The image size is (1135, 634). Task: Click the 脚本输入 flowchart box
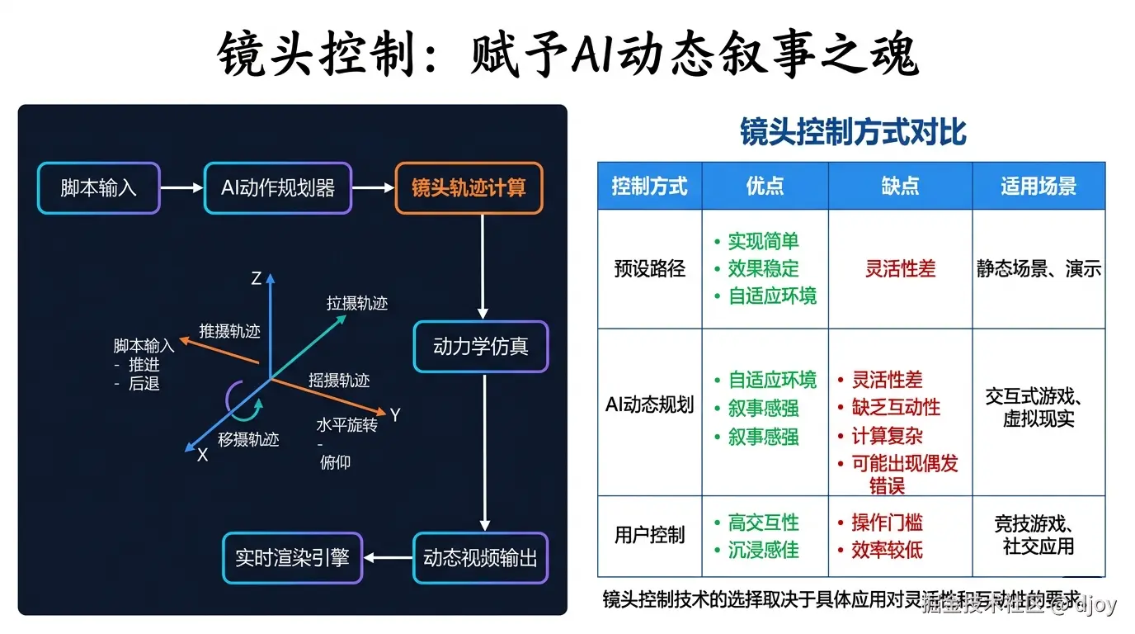98,188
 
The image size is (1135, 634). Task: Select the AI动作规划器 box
278,188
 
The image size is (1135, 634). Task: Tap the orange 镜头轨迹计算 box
469,188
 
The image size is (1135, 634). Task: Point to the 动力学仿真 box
480,347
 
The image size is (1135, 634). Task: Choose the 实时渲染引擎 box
293,558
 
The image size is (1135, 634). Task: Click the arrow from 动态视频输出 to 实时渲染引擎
388,558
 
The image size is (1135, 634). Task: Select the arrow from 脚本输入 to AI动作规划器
181,188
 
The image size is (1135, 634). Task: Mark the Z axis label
257,279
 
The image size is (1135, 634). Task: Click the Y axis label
395,415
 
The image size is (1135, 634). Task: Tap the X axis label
202,455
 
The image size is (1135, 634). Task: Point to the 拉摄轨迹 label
357,304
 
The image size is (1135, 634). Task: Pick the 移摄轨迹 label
248,439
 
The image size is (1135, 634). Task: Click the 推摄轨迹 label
229,331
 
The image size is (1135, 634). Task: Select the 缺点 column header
900,186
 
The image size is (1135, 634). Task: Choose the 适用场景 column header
1038,186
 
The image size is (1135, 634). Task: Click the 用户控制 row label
650,535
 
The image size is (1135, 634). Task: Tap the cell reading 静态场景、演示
1038,269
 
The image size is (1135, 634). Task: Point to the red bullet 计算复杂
887,436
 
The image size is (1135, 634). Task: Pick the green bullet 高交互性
763,523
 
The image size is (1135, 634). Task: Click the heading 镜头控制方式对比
853,132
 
